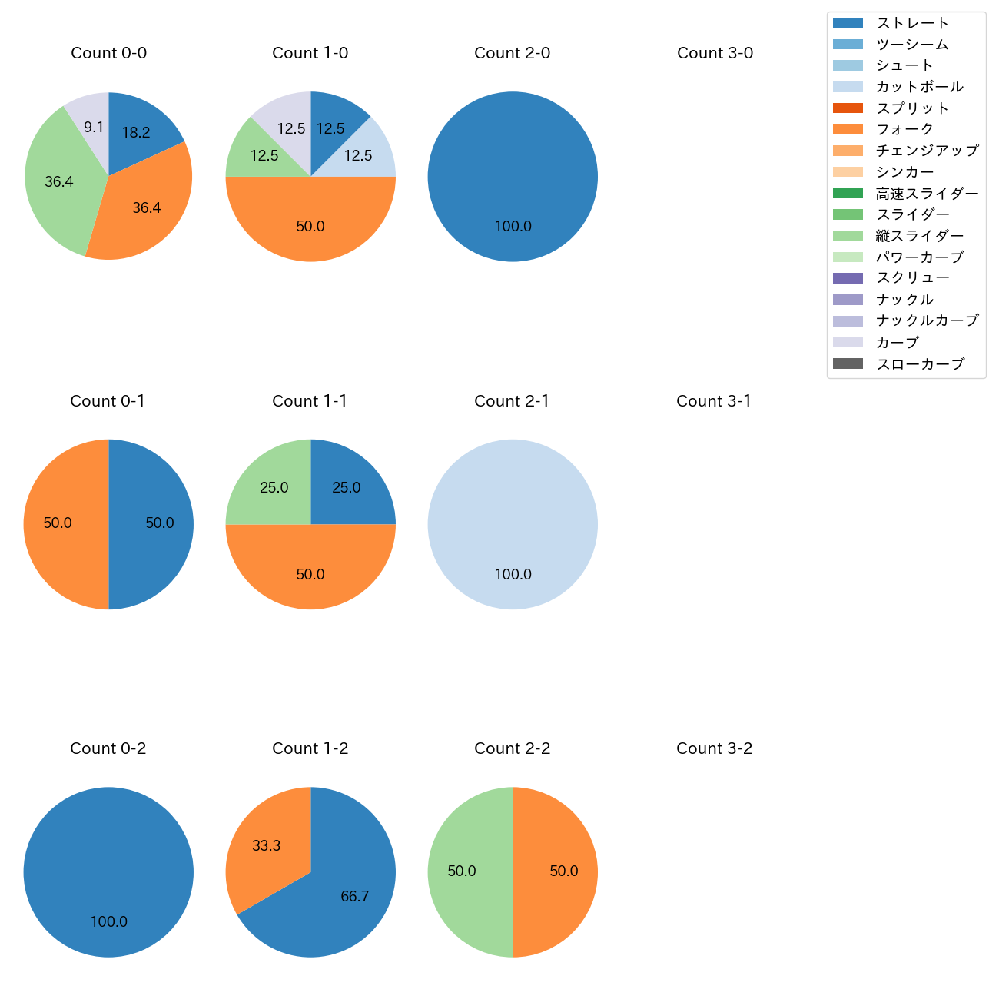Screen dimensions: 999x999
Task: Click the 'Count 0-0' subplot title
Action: pyautogui.click(x=108, y=53)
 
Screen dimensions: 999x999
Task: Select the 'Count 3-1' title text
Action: pyautogui.click(x=714, y=401)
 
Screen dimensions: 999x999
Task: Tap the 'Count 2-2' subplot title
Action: pyautogui.click(x=512, y=748)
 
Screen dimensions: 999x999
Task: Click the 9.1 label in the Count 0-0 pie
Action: pyautogui.click(x=94, y=127)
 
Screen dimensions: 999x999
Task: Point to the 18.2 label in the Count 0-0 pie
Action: pyautogui.click(x=136, y=132)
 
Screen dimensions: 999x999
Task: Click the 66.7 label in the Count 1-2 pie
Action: pyautogui.click(x=355, y=896)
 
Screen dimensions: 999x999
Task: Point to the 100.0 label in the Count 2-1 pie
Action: pyautogui.click(x=513, y=574)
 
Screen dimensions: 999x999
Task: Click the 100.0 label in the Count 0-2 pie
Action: pyautogui.click(x=108, y=921)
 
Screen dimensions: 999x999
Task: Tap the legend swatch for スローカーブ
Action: pyautogui.click(x=848, y=363)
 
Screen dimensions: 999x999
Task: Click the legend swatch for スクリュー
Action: pyautogui.click(x=848, y=278)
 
